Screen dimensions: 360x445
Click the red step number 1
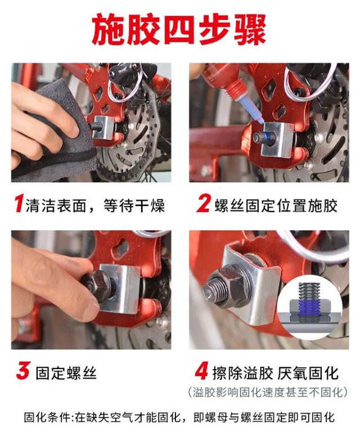(19, 204)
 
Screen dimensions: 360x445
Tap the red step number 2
(204, 204)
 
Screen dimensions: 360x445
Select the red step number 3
(22, 371)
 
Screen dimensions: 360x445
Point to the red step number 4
(202, 371)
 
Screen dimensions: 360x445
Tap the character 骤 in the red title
(250, 29)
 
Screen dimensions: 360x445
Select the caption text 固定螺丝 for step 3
(66, 373)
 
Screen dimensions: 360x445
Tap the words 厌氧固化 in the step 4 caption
(308, 373)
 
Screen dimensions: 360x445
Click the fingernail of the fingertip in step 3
(90, 310)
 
